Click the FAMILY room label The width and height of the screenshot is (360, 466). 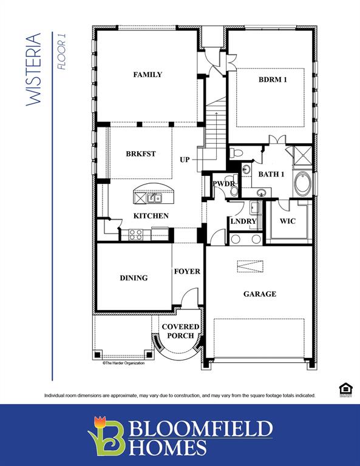pyautogui.click(x=148, y=75)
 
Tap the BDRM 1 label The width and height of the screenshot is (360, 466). pyautogui.click(x=273, y=79)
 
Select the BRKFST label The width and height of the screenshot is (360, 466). pyautogui.click(x=141, y=154)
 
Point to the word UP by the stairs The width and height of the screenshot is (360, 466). pyautogui.click(x=185, y=160)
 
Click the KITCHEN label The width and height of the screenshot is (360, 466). pyautogui.click(x=151, y=216)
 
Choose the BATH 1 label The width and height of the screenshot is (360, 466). pyautogui.click(x=271, y=174)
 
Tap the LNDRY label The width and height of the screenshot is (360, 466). pyautogui.click(x=243, y=221)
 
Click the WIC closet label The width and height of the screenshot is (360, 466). pyautogui.click(x=288, y=221)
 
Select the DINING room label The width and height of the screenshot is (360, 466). pyautogui.click(x=134, y=278)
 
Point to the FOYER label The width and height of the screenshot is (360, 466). pyautogui.click(x=187, y=271)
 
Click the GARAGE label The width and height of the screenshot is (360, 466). pyautogui.click(x=260, y=294)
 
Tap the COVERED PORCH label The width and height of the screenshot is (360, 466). pyautogui.click(x=180, y=331)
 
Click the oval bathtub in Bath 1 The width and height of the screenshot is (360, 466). pyautogui.click(x=302, y=183)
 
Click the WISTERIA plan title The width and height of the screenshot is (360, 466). pyautogui.click(x=35, y=70)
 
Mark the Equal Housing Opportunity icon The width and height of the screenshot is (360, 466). pyautogui.click(x=344, y=389)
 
